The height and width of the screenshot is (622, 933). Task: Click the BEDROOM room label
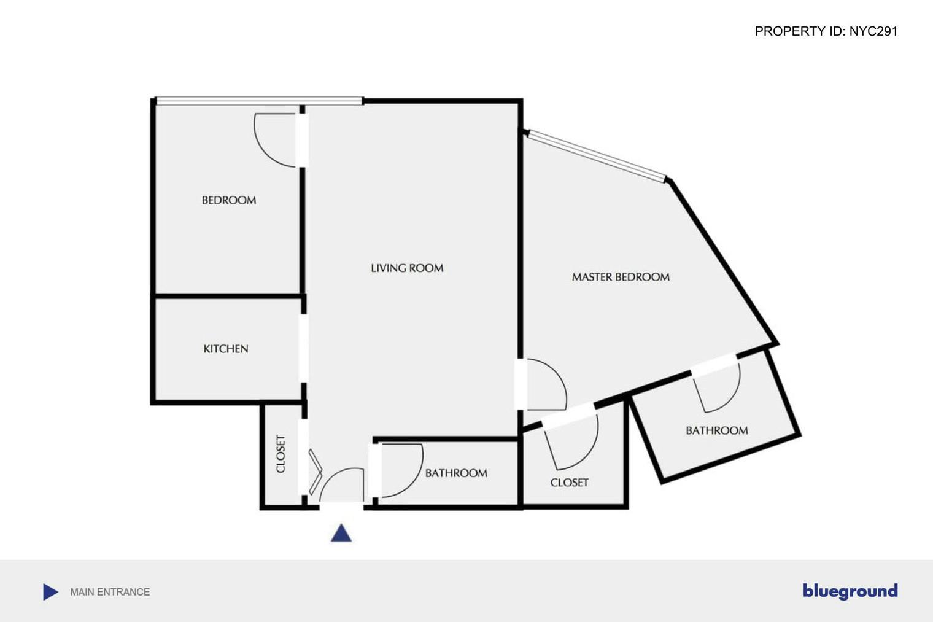point(229,200)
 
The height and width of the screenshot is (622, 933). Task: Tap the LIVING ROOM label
point(407,268)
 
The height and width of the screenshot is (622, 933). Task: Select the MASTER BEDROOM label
point(621,277)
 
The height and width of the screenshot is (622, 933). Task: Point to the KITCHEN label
point(226,349)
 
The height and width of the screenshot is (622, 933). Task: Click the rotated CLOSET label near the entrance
point(281,454)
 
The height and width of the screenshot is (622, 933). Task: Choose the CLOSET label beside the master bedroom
point(569,483)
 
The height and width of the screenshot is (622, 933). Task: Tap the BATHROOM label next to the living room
point(456,473)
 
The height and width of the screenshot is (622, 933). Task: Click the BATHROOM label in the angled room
point(716,430)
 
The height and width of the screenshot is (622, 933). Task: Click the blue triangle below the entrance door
point(341,533)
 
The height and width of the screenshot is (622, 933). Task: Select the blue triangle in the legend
point(50,592)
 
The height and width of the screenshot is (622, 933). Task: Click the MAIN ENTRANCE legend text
point(110,592)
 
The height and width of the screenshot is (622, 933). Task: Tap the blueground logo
point(850,591)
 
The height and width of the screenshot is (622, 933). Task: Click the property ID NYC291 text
point(826,31)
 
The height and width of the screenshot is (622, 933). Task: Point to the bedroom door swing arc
point(270,144)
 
